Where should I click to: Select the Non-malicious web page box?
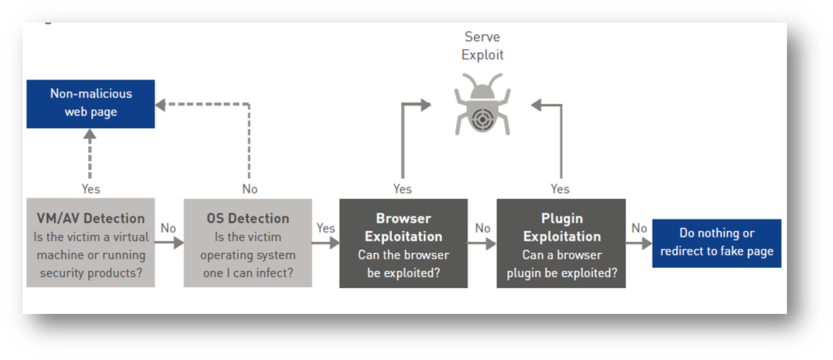pos(91,103)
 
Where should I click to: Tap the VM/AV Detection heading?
pos(91,219)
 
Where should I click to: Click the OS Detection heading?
pos(247,219)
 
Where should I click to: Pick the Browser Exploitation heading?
pos(403,227)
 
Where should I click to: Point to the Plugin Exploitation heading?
pos(561,227)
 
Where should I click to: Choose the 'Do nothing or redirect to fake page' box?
pos(717,242)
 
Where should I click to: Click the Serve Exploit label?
pos(482,45)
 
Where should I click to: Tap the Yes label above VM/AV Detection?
pos(91,189)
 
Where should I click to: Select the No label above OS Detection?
pos(249,189)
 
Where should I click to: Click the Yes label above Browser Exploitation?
pos(402,189)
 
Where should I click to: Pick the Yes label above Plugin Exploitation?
pos(560,189)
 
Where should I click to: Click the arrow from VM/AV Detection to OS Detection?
pos(169,243)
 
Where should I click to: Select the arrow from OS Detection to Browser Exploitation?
pos(326,243)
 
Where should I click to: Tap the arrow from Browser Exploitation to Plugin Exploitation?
pos(482,243)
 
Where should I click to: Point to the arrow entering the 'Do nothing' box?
pos(639,243)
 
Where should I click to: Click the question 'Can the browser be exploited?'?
pos(403,263)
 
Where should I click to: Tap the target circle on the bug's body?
pos(482,118)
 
